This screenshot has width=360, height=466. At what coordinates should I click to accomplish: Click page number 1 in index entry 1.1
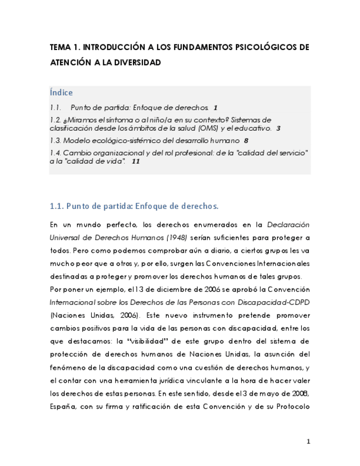[215, 108]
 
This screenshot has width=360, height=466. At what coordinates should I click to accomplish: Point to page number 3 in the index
[278, 129]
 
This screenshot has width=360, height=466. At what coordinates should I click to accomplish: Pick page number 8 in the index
[246, 141]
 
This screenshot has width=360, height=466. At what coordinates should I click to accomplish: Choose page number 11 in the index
[136, 162]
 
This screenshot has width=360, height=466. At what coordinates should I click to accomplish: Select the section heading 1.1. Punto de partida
[134, 206]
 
